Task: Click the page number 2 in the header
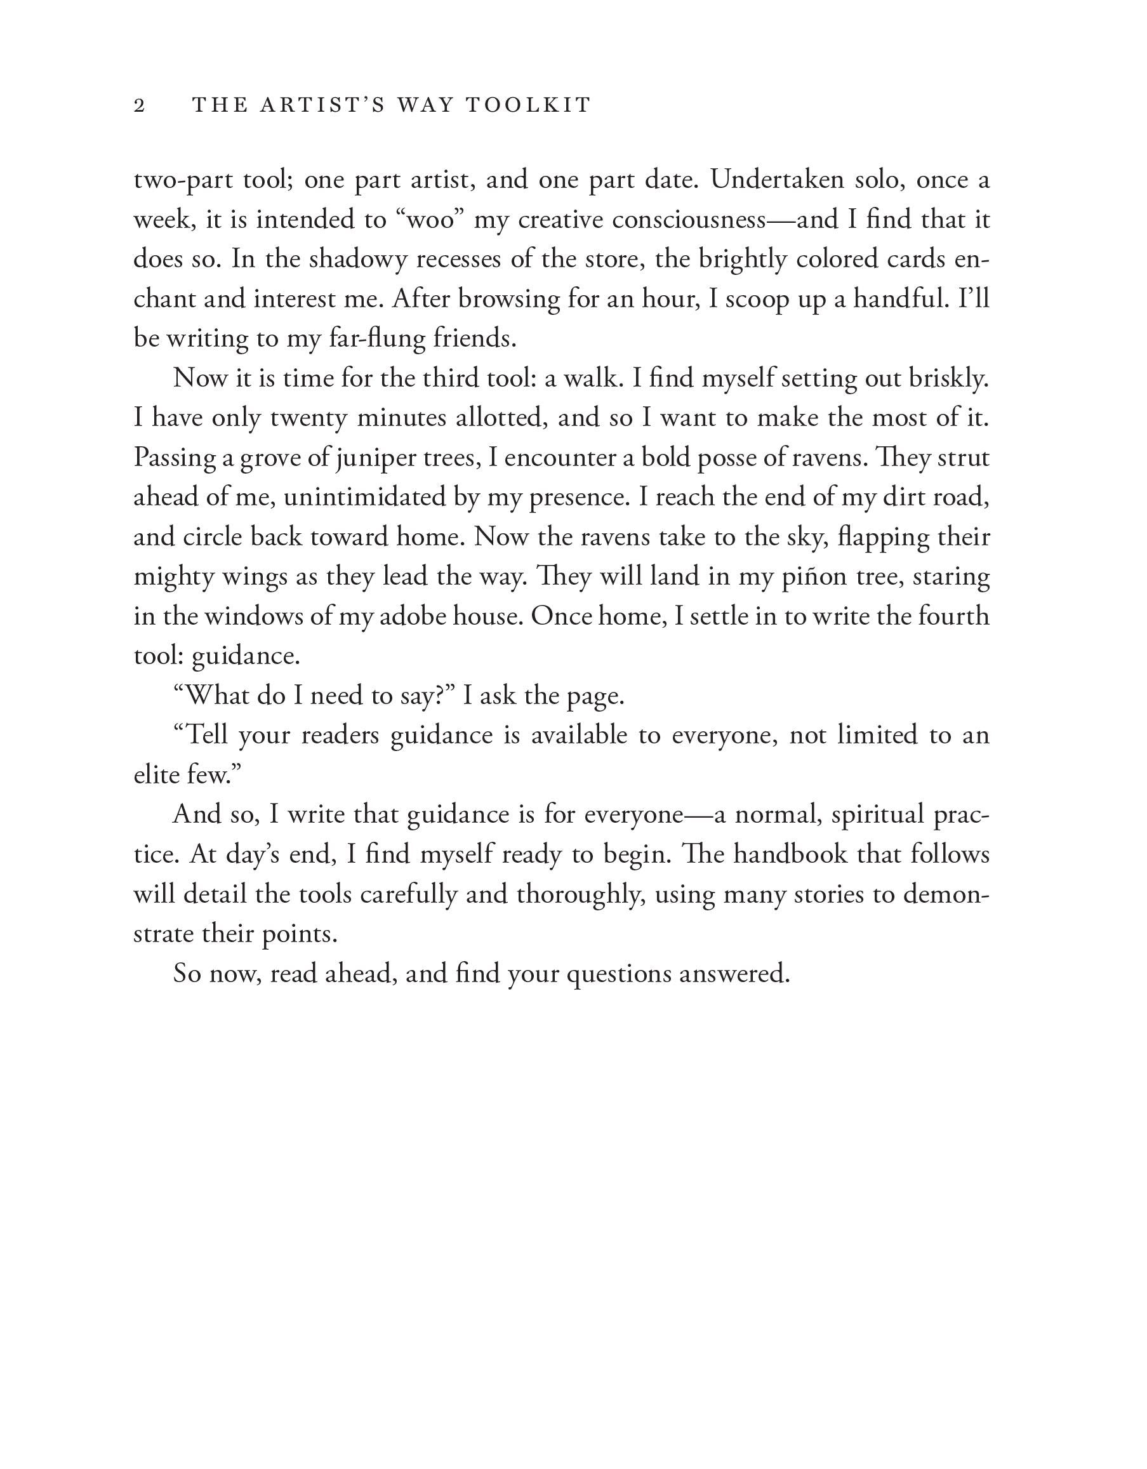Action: (140, 105)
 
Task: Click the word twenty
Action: (307, 418)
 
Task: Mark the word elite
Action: (155, 775)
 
